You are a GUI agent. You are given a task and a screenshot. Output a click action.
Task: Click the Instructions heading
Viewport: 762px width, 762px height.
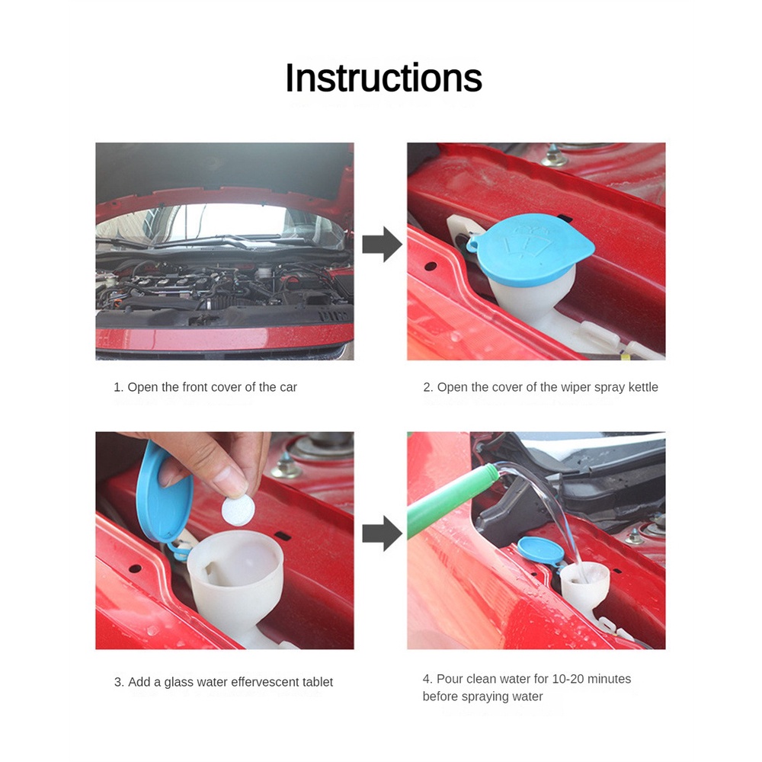[x=383, y=78]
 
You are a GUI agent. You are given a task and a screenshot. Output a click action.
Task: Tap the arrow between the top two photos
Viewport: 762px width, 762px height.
[x=382, y=244]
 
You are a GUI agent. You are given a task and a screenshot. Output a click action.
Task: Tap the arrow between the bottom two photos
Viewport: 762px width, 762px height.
[x=382, y=533]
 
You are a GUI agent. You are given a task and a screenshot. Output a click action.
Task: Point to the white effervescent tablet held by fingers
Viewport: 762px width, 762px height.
[x=238, y=509]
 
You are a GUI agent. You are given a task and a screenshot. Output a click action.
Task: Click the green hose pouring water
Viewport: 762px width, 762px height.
[x=452, y=501]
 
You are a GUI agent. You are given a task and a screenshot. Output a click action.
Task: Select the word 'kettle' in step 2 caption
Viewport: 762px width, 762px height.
[x=643, y=387]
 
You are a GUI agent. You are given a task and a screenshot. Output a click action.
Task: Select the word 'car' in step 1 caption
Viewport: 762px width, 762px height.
[x=288, y=387]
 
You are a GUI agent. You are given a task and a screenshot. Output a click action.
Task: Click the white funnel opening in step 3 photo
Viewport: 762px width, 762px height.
[x=235, y=559]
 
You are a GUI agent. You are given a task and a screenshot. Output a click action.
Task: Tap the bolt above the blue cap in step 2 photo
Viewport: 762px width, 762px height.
[x=554, y=155]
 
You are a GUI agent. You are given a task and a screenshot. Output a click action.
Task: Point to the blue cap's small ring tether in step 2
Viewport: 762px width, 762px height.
[x=472, y=245]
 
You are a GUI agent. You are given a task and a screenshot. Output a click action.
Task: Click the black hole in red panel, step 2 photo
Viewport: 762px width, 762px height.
[x=431, y=266]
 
